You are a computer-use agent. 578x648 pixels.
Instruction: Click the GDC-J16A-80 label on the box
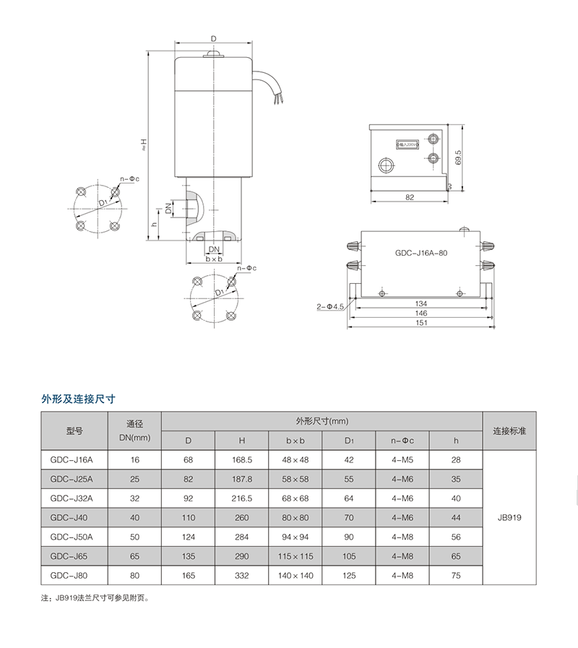point(422,254)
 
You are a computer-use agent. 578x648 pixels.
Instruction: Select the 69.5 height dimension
point(458,157)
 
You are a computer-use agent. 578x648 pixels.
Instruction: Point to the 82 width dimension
point(410,196)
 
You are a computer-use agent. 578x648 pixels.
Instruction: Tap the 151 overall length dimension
point(422,323)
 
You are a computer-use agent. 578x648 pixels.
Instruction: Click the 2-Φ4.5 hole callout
point(329,306)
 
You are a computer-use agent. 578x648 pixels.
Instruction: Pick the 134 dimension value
point(422,303)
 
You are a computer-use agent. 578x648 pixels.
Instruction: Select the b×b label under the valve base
point(214,258)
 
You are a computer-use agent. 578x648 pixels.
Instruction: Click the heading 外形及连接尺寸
point(79,398)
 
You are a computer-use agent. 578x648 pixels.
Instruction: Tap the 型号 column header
point(74,431)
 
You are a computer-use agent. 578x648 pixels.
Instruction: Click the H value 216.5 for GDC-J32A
point(242,498)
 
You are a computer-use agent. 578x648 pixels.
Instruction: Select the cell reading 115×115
point(295,557)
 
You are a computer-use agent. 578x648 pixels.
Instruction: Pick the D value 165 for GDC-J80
point(188,576)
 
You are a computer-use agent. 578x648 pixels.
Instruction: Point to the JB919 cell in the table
point(509,517)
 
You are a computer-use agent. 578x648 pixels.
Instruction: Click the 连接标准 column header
point(509,431)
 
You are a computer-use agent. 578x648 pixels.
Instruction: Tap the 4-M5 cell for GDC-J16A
point(402,459)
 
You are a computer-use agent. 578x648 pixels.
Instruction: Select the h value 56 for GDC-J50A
point(456,537)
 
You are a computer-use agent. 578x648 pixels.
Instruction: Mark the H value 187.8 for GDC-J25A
point(242,478)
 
